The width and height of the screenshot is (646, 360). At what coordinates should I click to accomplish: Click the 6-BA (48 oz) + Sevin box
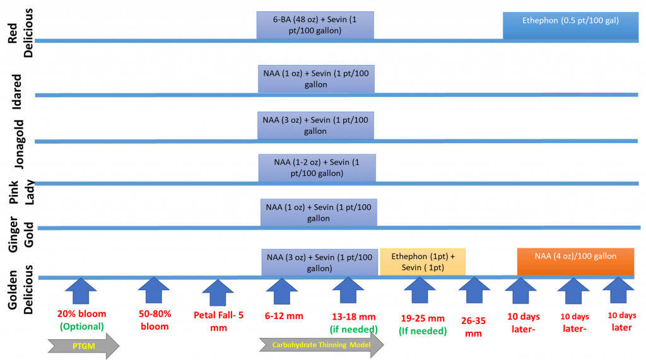coord(315,25)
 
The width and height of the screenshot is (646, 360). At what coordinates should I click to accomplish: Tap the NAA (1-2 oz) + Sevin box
coord(317,167)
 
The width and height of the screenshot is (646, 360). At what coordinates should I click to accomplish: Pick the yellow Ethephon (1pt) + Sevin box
coord(423,262)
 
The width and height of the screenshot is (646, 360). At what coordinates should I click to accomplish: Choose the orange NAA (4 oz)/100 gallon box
coord(575,261)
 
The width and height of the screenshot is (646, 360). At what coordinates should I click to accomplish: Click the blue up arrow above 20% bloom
coord(81,293)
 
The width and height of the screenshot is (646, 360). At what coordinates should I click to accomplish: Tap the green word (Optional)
coord(81,326)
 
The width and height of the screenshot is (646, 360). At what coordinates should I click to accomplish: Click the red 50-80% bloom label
coord(154,320)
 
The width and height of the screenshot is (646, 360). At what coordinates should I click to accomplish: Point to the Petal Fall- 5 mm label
coord(218,320)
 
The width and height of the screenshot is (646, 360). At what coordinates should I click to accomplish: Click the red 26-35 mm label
coord(473,327)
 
